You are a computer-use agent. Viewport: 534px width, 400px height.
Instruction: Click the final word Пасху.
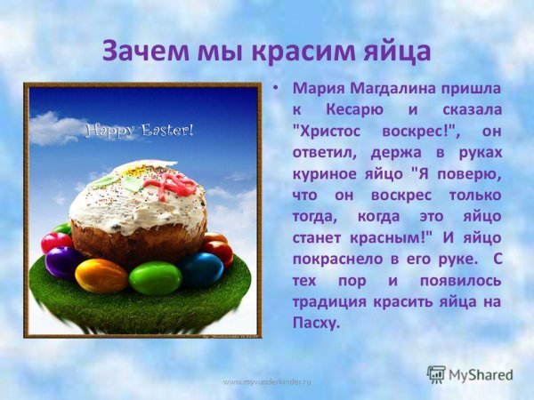(316, 323)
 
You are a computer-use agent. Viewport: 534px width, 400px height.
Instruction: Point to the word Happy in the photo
(111, 132)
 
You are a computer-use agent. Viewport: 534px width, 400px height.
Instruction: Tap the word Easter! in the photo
(166, 132)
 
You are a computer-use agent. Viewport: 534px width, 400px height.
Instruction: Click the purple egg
(63, 262)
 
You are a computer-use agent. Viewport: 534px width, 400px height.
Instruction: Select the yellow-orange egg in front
(101, 276)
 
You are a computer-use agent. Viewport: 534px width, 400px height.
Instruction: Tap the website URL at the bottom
(267, 380)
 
